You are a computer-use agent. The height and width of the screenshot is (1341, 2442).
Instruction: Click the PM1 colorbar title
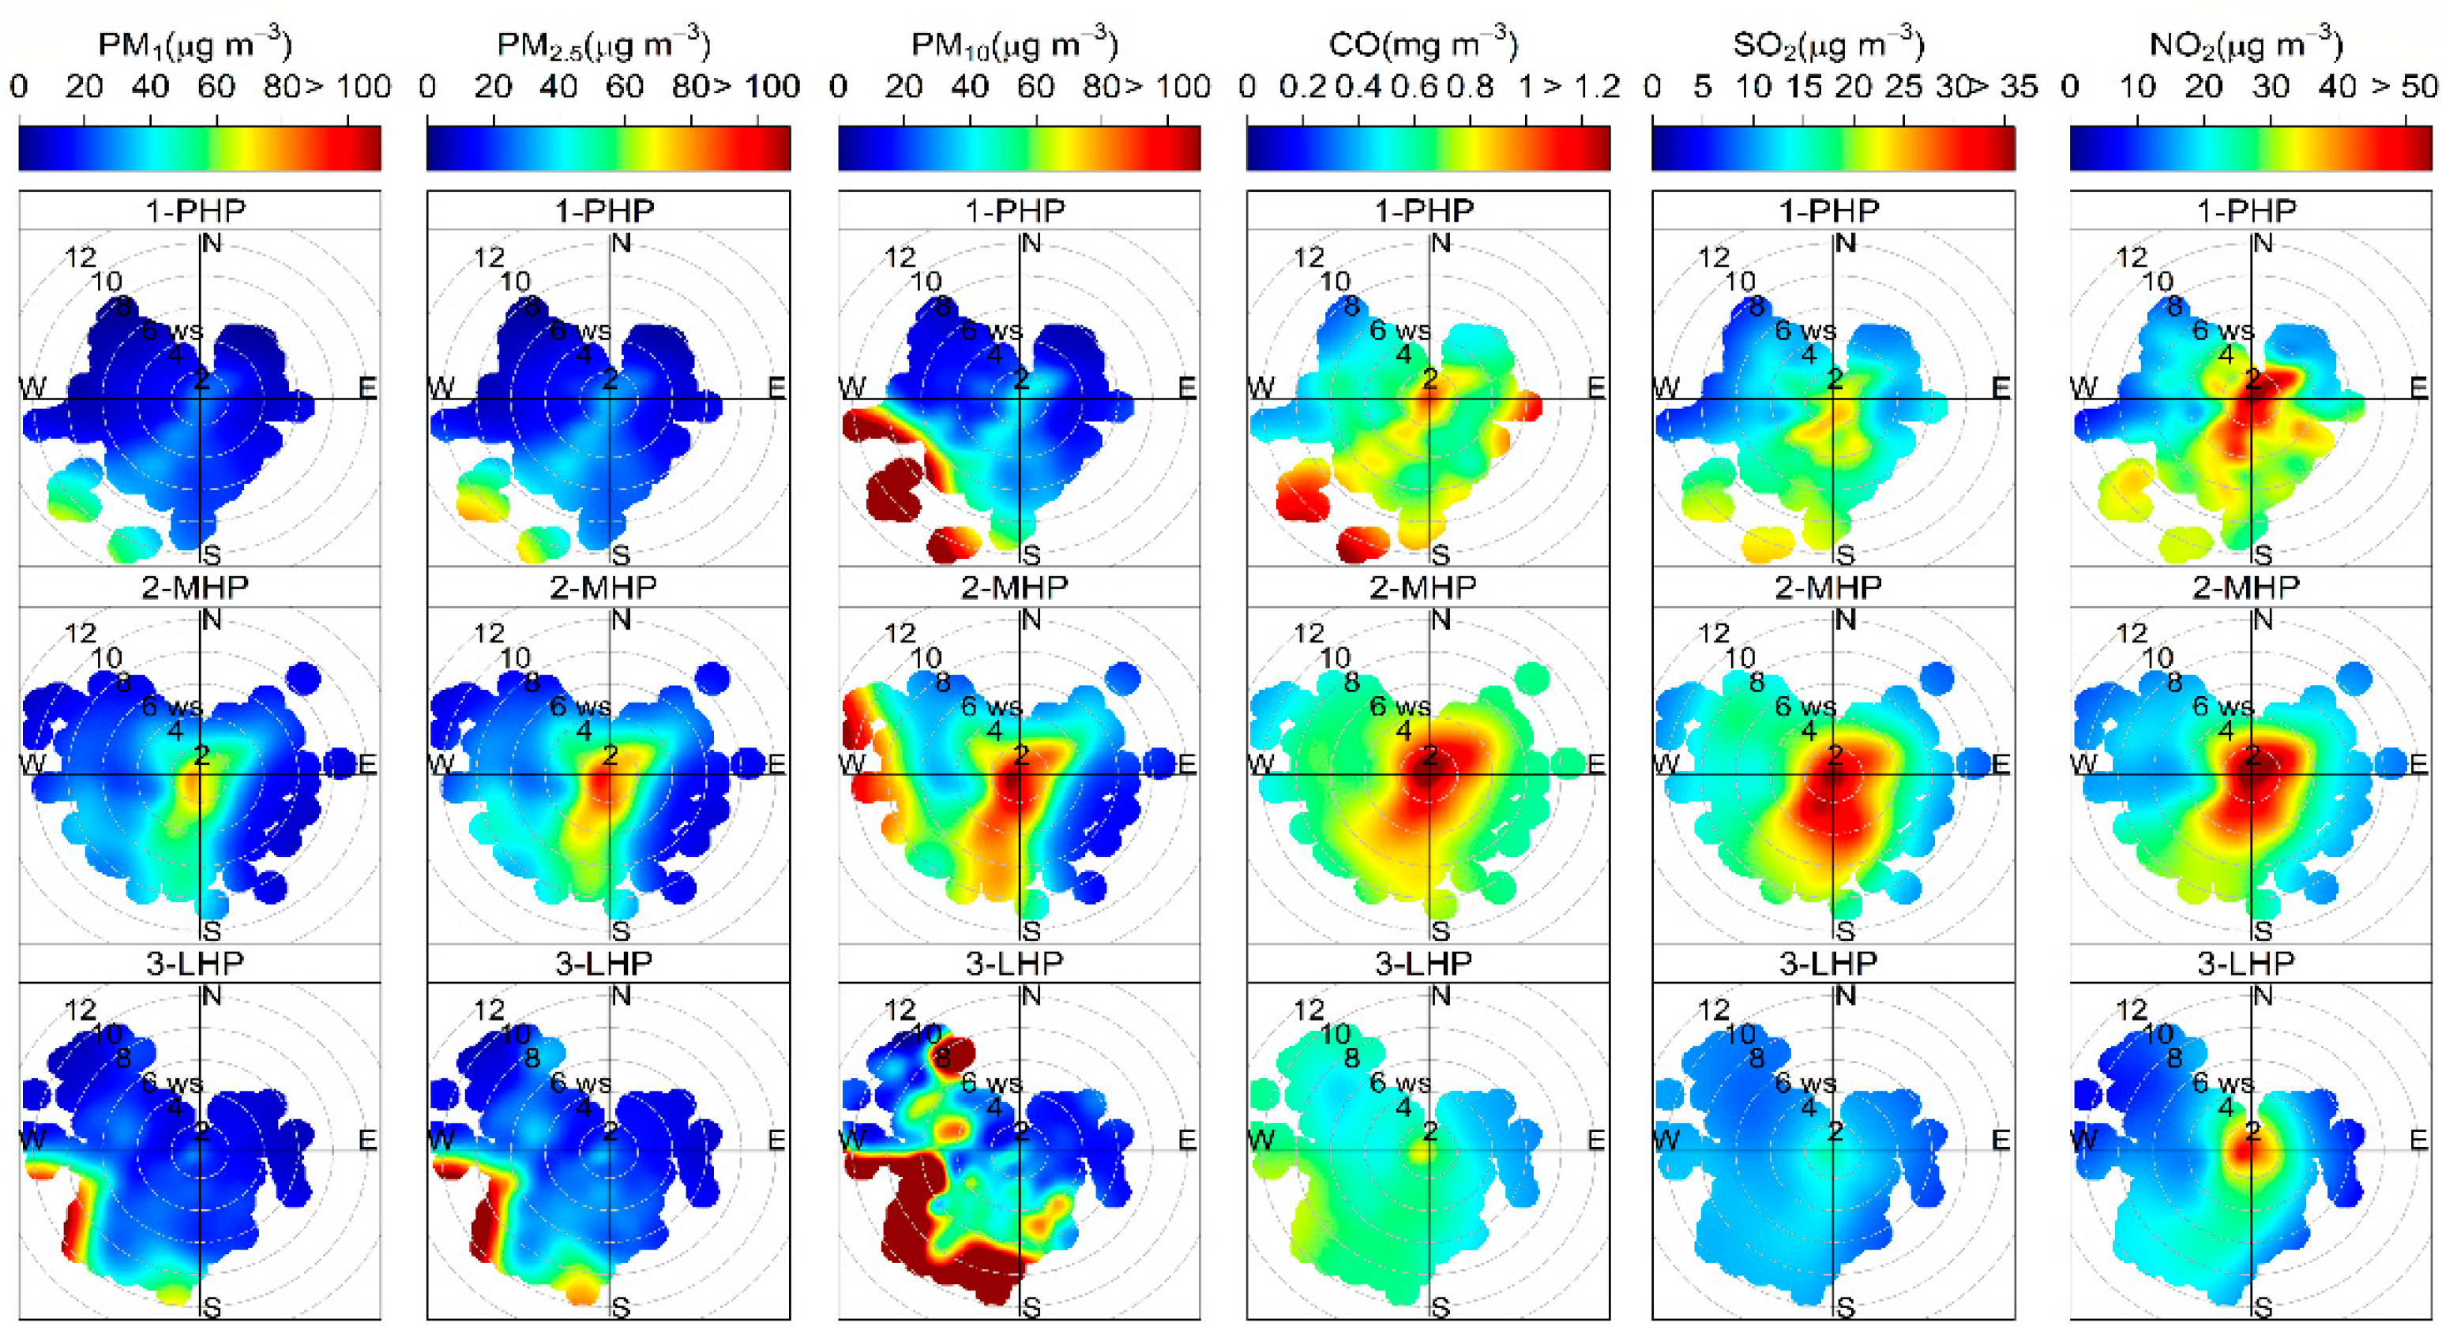(194, 44)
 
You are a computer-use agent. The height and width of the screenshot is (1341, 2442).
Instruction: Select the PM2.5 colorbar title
(604, 44)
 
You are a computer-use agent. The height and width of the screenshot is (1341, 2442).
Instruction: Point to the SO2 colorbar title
(1828, 44)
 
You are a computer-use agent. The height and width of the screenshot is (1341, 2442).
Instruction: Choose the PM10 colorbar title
(1014, 44)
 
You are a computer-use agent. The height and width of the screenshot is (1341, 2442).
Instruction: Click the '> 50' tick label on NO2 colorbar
(2405, 87)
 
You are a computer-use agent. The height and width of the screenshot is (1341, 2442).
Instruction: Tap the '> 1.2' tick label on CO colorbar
(1581, 87)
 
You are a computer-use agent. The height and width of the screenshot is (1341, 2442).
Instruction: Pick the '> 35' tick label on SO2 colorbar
(2003, 87)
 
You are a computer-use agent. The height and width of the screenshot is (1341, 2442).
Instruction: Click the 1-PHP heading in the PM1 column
(195, 211)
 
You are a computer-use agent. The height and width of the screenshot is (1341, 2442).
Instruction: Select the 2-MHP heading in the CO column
(1423, 587)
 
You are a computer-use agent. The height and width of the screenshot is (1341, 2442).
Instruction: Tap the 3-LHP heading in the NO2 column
(2246, 963)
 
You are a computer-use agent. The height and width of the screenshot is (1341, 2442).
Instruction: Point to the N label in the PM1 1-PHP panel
(212, 245)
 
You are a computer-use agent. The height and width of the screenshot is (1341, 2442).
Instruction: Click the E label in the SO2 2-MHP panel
(2001, 764)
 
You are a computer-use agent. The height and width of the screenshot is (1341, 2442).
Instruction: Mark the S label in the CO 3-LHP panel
(1440, 1308)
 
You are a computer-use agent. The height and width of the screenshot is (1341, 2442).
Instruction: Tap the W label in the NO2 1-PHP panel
(2083, 388)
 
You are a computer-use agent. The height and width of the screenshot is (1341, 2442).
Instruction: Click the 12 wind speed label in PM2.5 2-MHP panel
(489, 633)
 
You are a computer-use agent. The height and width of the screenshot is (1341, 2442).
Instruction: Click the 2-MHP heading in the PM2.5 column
(604, 587)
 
